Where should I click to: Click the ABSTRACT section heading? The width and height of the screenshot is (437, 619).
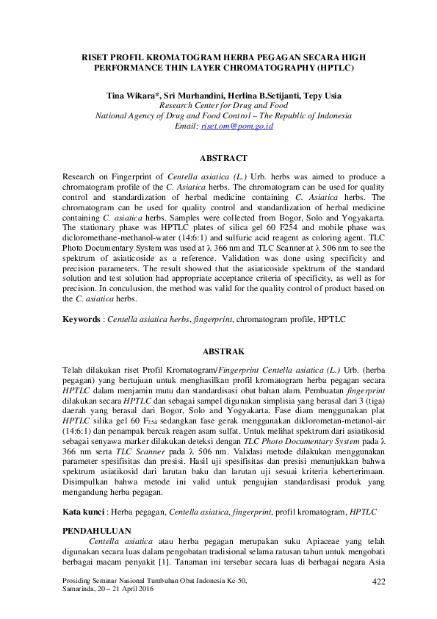coord(223,158)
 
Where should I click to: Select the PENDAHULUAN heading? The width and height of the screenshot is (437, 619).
coord(97,509)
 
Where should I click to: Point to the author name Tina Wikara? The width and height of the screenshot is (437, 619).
coord(131,96)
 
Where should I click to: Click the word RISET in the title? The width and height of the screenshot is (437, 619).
coord(96,57)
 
